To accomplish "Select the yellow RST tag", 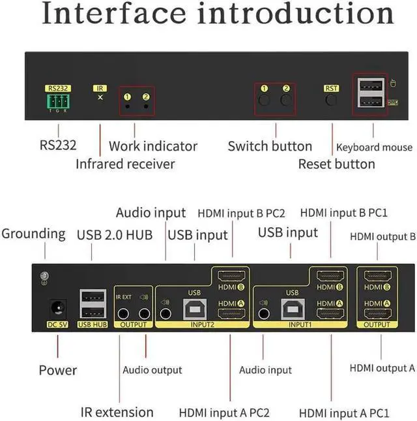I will point(331,88).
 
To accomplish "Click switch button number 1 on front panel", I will point(265,101).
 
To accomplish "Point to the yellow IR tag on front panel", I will point(100,87).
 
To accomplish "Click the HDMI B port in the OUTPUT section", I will point(377,276).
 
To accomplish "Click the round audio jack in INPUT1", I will point(264,314).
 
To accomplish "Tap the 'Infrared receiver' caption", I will point(125,164).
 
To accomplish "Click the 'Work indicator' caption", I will point(153,146).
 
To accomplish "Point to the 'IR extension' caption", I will point(117,412).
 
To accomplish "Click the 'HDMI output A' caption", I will point(382,368).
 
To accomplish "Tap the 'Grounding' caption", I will point(34,233).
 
